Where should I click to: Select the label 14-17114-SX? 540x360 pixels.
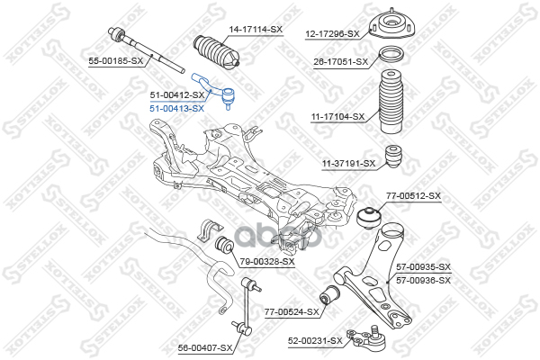pos(256,31)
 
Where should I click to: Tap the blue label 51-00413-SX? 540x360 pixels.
pos(176,107)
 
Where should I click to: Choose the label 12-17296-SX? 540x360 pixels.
pos(332,34)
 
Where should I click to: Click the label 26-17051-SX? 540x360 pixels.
pos(340,61)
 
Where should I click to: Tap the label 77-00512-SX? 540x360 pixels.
pos(414,195)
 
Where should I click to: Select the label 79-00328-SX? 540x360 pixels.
pos(268,261)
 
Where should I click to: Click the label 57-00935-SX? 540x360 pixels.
pos(423,267)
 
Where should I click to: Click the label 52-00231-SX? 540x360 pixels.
pos(316,340)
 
